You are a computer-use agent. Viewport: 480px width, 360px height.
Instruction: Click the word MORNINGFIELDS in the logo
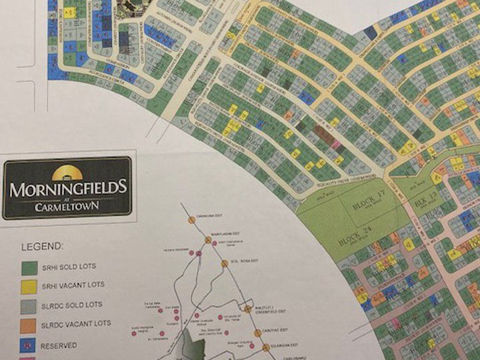click(68, 188)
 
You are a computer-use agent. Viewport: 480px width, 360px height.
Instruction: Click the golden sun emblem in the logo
click(67, 173)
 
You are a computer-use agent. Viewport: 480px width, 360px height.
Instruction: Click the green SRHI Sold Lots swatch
click(29, 267)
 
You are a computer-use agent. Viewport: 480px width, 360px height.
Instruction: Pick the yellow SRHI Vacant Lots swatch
click(29, 287)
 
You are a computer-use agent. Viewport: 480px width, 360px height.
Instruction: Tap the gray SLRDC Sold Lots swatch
click(29, 306)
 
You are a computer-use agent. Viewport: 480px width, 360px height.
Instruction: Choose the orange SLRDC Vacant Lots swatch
click(29, 325)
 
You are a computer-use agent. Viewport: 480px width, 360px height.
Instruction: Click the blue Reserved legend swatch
click(29, 345)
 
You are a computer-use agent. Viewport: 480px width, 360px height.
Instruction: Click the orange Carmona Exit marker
click(191, 219)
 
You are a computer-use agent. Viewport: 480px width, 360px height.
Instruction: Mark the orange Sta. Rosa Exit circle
click(225, 263)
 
